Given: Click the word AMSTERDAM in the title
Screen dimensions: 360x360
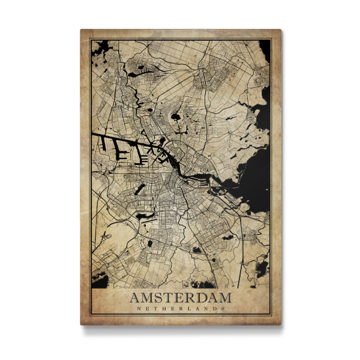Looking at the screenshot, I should [x=181, y=298].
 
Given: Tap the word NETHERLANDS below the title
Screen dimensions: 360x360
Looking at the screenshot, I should [x=181, y=309].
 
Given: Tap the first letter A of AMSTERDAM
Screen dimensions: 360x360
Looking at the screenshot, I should [x=134, y=298].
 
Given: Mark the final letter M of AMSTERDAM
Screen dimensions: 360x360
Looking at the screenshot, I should [x=224, y=298].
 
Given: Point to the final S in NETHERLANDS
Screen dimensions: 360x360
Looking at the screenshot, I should [x=223, y=309].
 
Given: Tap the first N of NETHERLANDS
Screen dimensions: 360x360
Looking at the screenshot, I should [x=138, y=309].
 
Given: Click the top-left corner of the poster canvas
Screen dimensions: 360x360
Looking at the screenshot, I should [x=81, y=29].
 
